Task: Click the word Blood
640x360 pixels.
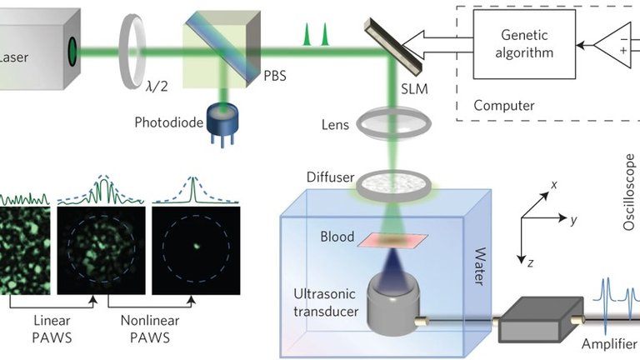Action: tap(338, 237)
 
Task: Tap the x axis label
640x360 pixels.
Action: tap(553, 184)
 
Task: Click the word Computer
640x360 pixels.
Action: tap(504, 106)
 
